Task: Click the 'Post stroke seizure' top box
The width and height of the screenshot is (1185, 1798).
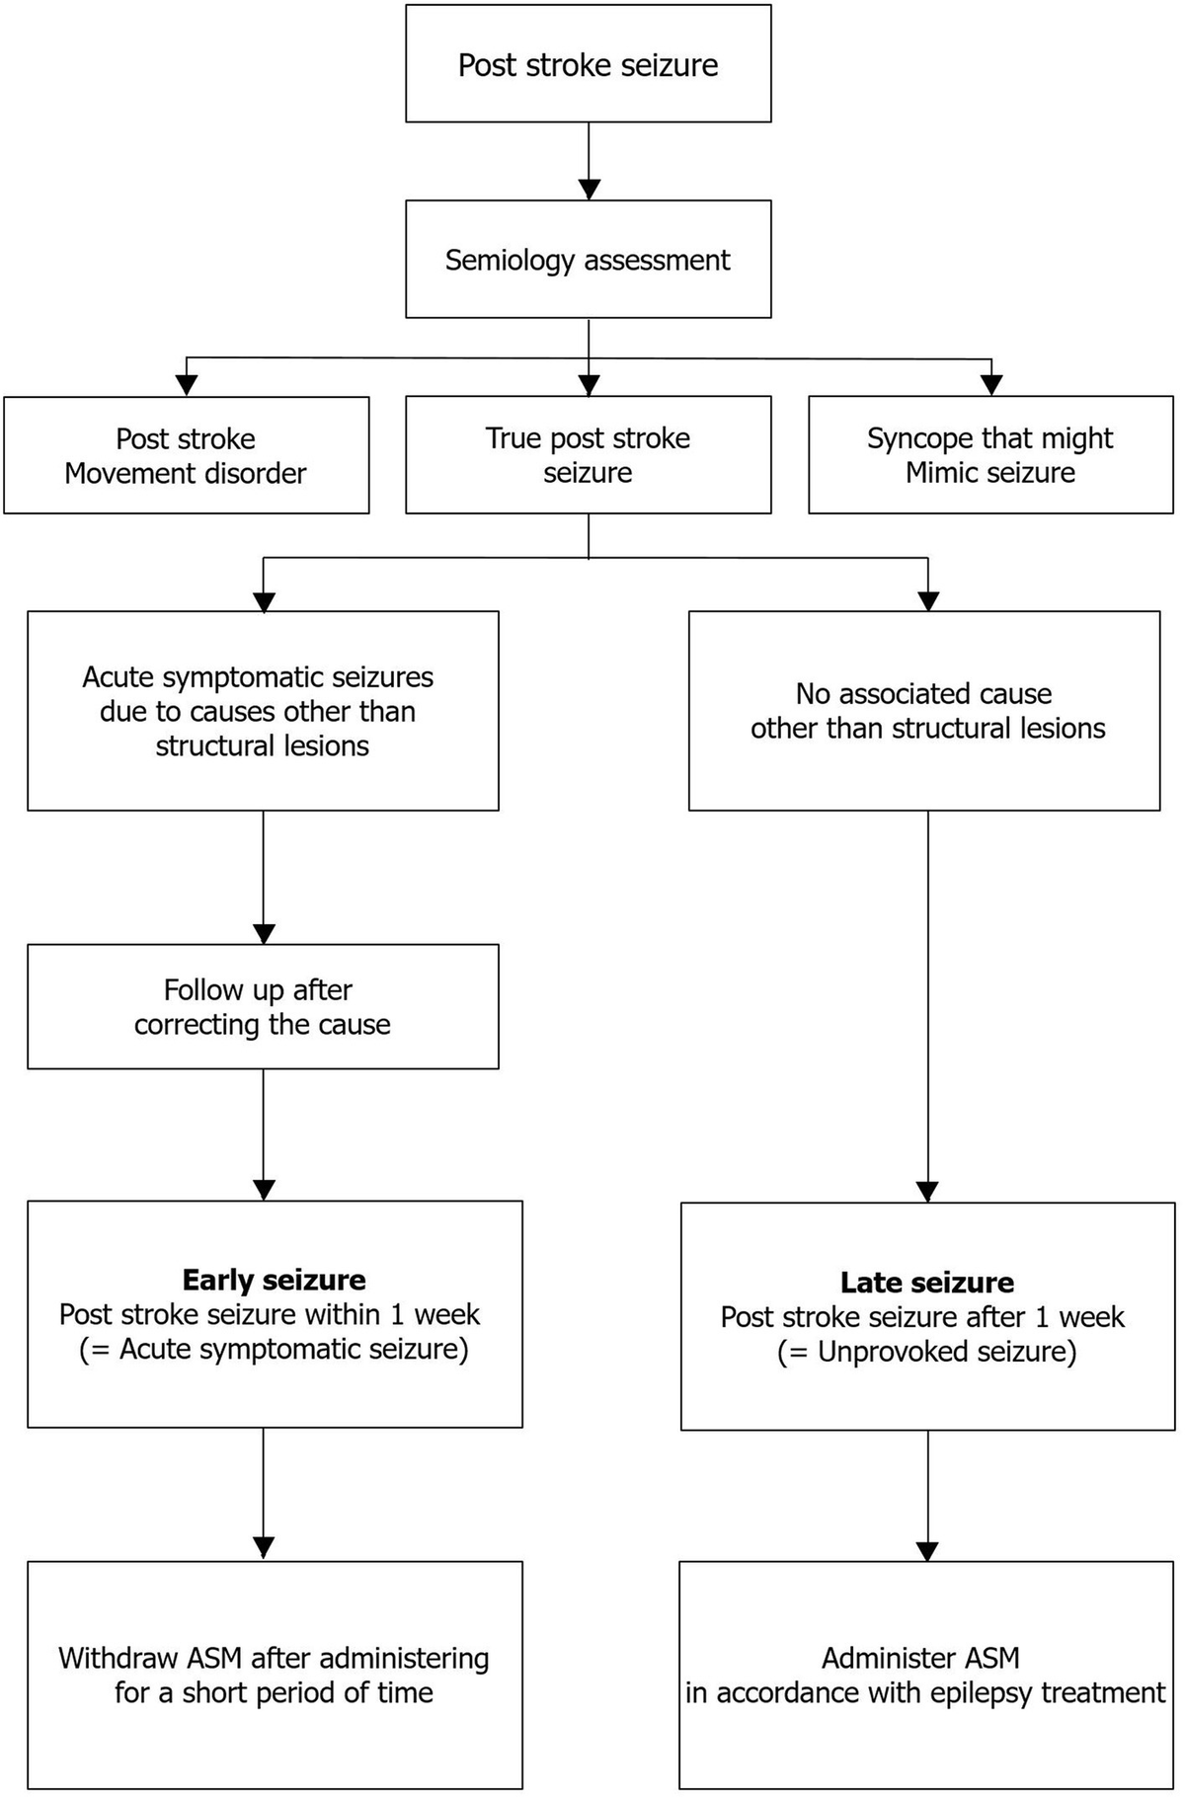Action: coord(588,65)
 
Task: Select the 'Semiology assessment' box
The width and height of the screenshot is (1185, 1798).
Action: coord(588,260)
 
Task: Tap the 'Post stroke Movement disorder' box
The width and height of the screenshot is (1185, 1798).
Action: coord(186,455)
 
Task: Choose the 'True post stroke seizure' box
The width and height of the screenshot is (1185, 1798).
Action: coord(588,455)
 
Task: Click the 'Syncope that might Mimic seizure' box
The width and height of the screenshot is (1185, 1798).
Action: coord(990,455)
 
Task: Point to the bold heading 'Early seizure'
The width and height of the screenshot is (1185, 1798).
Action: coord(274,1281)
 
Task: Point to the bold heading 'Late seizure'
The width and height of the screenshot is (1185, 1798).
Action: coord(926,1283)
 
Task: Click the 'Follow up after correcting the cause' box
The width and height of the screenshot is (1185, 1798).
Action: coord(263,1006)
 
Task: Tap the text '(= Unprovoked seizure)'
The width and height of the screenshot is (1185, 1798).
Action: coord(926,1352)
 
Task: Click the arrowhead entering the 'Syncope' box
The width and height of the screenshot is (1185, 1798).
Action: coord(991,385)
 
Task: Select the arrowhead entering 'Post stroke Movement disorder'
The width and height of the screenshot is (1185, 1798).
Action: coord(186,385)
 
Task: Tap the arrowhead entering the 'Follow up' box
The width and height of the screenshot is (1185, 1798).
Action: coord(264,933)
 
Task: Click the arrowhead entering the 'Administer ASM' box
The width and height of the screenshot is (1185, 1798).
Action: coord(927,1550)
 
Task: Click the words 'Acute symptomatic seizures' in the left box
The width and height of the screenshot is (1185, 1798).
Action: coord(258,677)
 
